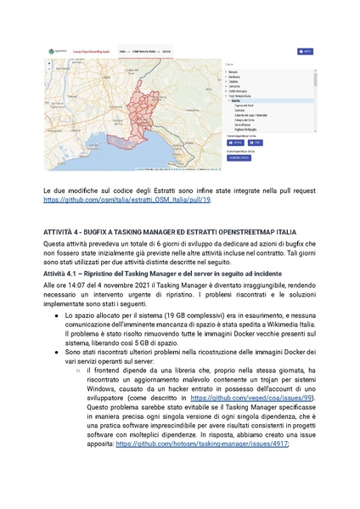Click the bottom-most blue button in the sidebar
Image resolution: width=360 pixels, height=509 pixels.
click(x=239, y=157)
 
